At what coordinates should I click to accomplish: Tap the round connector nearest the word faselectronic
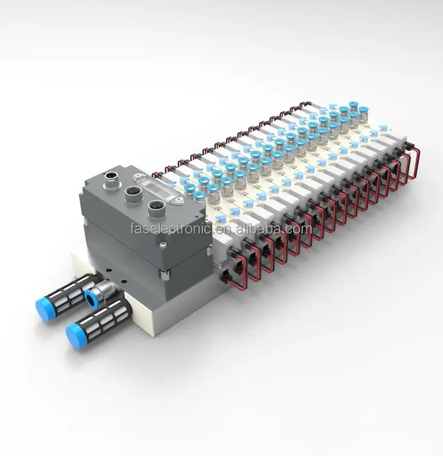point(154,207)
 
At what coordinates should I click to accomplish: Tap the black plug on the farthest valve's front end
point(411,141)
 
